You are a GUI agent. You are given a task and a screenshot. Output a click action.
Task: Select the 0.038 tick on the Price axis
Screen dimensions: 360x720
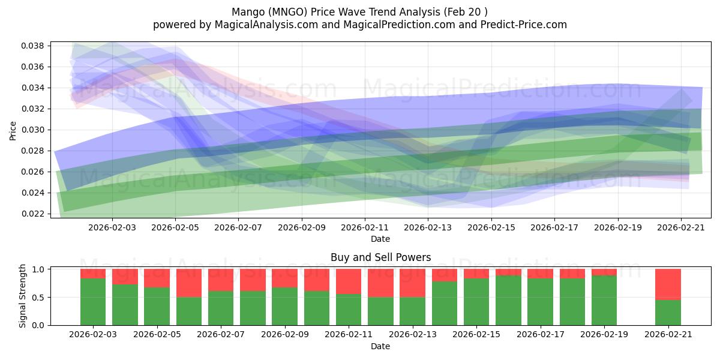(x=34, y=46)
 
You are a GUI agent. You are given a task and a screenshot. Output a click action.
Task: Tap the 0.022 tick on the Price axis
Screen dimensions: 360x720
(x=34, y=214)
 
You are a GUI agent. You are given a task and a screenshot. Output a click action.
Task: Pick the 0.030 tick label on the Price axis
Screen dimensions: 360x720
(x=34, y=130)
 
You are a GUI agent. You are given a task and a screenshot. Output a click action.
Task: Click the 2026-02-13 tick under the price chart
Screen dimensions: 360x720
(x=428, y=227)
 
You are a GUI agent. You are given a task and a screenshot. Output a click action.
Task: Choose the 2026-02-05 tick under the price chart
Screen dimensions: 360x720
(x=175, y=227)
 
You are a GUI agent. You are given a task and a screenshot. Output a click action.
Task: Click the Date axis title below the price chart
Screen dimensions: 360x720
(x=380, y=239)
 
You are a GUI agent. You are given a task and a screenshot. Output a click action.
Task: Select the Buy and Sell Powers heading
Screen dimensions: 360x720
(x=380, y=257)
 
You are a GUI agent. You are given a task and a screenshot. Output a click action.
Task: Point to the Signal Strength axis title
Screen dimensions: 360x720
(x=23, y=296)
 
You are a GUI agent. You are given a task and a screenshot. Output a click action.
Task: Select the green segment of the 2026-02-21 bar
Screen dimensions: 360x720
(x=668, y=313)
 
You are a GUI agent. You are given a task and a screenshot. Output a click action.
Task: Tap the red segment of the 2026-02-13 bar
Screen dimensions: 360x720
(x=412, y=283)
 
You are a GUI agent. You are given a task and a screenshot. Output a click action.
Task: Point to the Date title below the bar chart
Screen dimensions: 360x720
(x=380, y=346)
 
